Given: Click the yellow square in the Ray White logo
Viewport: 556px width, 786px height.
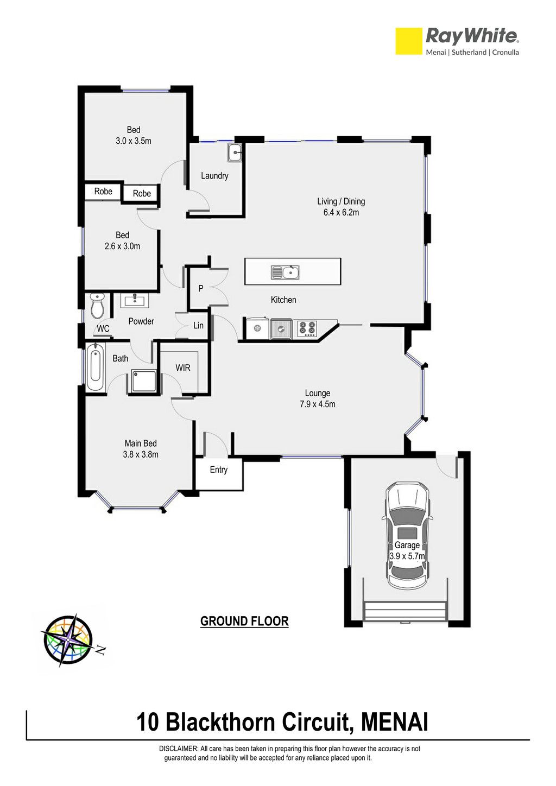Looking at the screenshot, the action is click(x=408, y=41).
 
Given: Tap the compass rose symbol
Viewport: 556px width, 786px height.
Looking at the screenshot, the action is click(x=68, y=640).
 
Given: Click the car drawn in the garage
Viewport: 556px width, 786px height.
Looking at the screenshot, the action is click(x=407, y=536).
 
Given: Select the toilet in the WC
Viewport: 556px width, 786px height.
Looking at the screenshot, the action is click(x=97, y=305).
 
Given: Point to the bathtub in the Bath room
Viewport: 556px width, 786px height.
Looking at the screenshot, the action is click(x=95, y=366).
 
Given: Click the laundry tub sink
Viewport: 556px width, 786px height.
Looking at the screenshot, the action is click(x=235, y=153).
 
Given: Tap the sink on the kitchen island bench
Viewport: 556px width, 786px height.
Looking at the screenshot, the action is click(x=285, y=272).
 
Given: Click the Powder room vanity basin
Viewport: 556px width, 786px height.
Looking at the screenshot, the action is click(x=135, y=300).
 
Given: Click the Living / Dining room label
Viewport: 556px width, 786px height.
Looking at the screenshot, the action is click(x=341, y=201).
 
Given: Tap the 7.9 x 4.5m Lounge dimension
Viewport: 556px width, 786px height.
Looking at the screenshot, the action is click(x=317, y=404).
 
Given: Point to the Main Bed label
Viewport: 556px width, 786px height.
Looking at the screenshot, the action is click(x=141, y=443).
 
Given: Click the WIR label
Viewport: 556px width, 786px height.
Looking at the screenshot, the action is click(x=183, y=367).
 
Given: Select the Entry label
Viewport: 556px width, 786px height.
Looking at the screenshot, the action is click(x=219, y=470).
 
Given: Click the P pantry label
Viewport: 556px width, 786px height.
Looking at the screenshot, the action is click(x=201, y=288).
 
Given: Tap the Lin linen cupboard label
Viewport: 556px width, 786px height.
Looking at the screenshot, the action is click(x=198, y=326).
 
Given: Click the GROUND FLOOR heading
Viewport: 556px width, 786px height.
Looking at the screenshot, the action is click(x=244, y=622).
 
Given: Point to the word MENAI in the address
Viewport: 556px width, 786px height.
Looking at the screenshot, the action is click(x=395, y=722).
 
